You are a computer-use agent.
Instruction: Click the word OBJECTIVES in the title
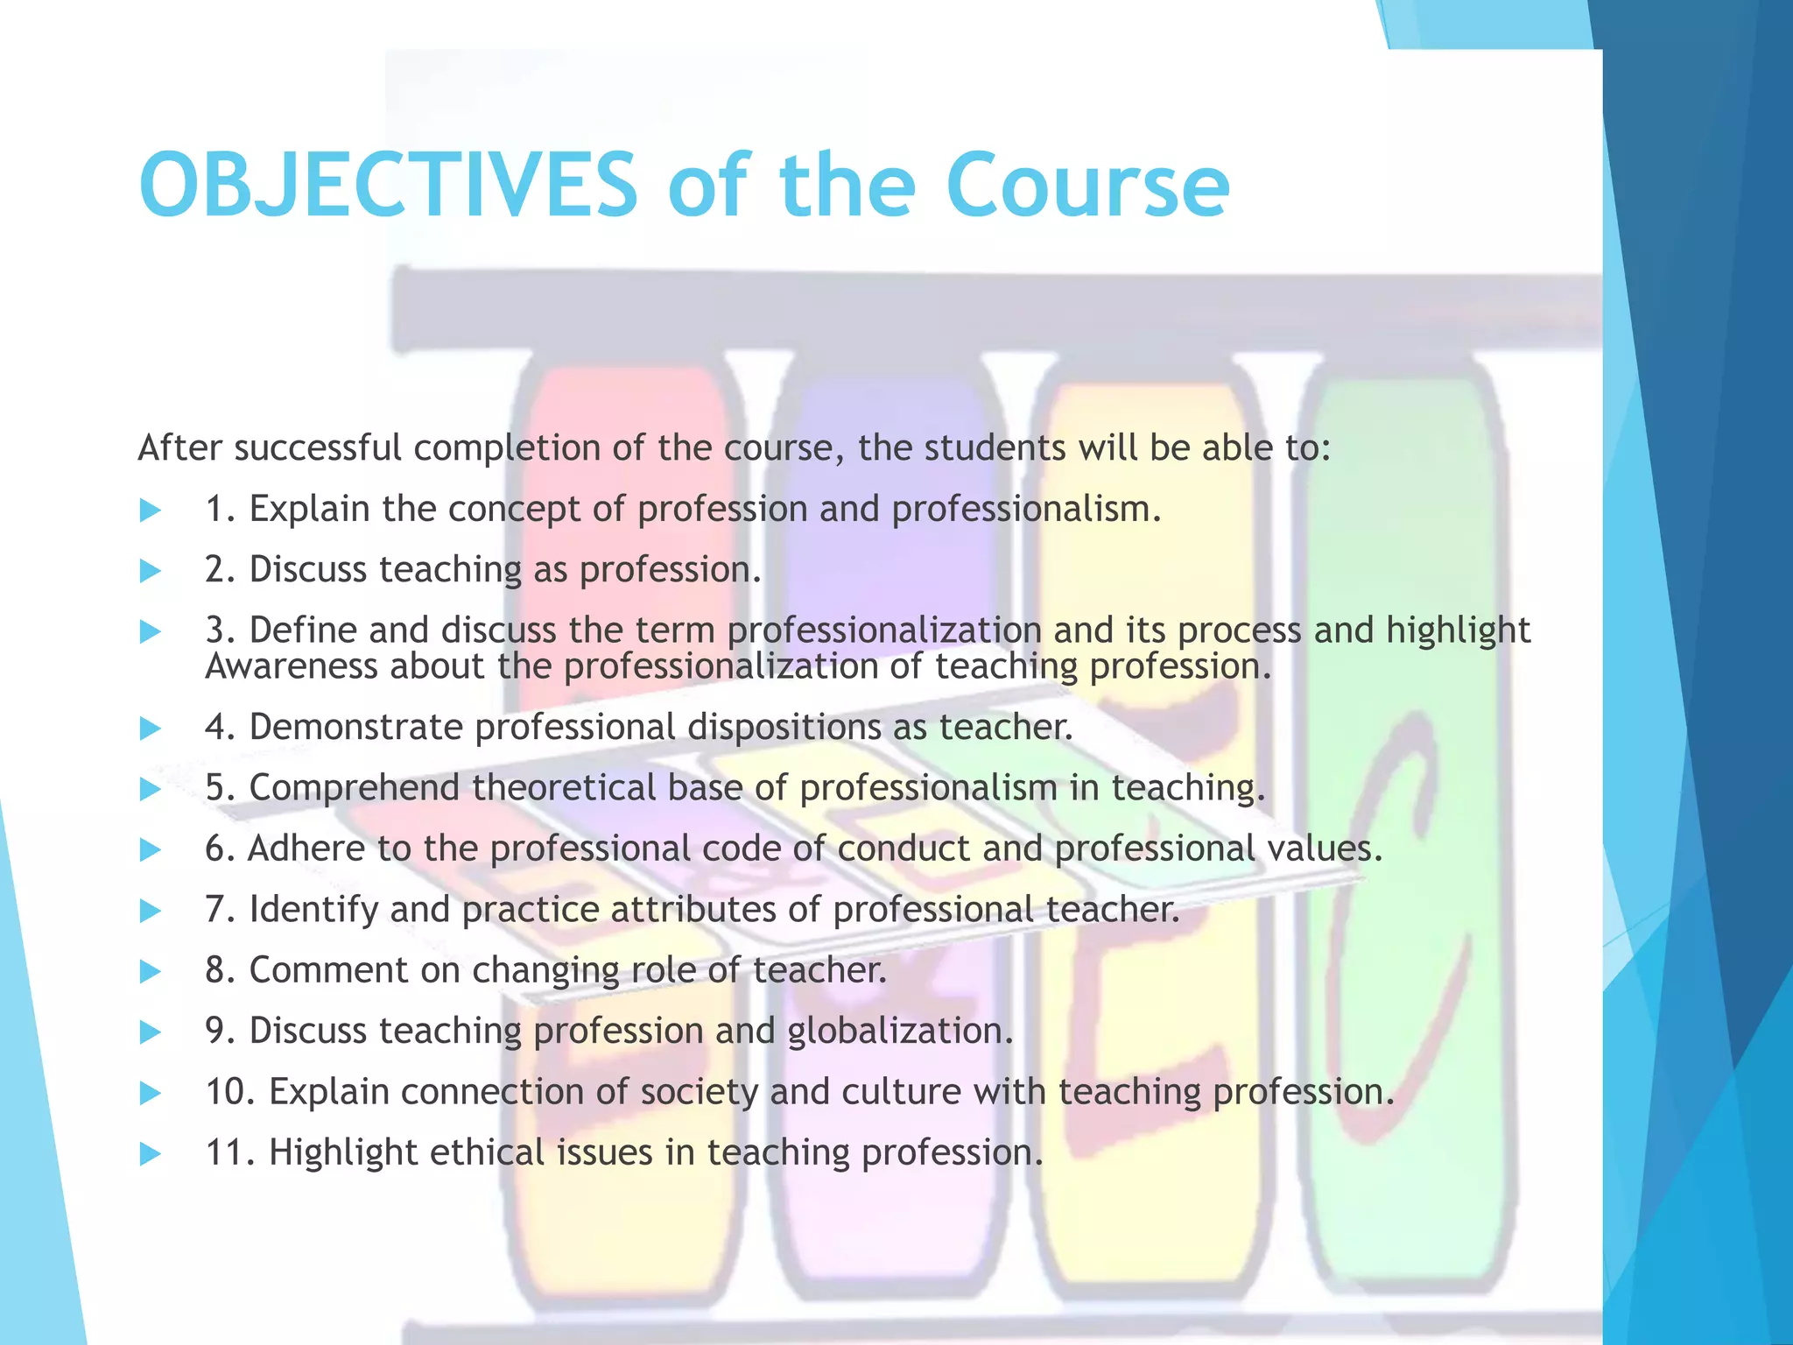click(389, 186)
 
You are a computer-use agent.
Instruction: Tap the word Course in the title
click(1087, 186)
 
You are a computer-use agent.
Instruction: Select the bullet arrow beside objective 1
click(151, 511)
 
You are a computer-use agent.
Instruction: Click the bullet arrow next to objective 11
click(151, 1154)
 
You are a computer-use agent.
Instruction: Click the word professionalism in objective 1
click(1025, 510)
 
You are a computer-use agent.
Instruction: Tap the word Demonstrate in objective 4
click(355, 728)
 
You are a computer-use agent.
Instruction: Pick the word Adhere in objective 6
click(306, 849)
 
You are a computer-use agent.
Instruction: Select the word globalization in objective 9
click(899, 1032)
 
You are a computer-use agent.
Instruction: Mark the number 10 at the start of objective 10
click(229, 1092)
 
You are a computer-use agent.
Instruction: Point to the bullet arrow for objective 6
click(151, 850)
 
